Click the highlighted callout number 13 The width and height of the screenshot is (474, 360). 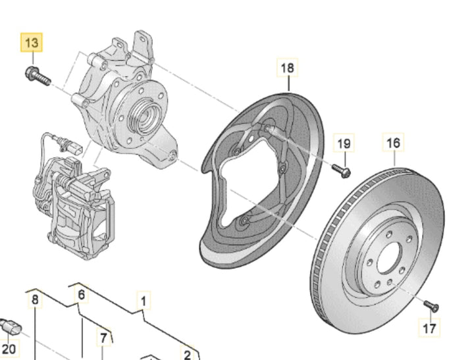(32, 42)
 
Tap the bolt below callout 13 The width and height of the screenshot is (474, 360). (38, 76)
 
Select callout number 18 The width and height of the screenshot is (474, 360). (288, 68)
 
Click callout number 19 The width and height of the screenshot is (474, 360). (344, 143)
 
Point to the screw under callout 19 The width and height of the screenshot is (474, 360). (342, 170)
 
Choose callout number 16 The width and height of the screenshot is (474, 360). (393, 142)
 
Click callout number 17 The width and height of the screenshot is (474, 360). (429, 328)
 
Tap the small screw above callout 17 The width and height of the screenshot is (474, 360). (431, 306)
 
